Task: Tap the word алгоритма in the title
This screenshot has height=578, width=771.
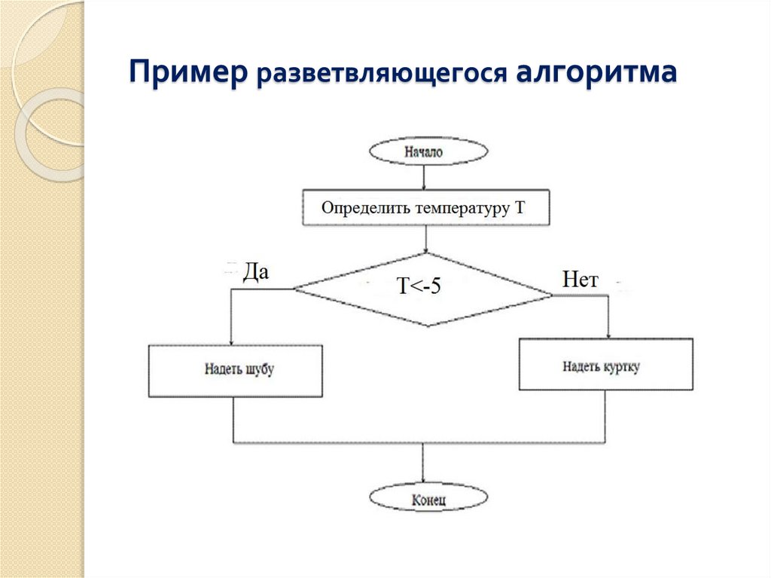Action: click(x=596, y=75)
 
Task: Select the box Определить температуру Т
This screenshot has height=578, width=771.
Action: click(x=426, y=207)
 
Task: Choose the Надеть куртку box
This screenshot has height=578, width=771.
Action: click(x=605, y=365)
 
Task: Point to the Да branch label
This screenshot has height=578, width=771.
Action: click(x=255, y=273)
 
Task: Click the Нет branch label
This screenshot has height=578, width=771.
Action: click(x=580, y=280)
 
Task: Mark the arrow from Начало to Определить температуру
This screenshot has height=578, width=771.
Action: click(x=425, y=178)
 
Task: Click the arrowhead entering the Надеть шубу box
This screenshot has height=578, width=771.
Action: click(x=231, y=340)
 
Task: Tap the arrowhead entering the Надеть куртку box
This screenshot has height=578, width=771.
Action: click(x=608, y=334)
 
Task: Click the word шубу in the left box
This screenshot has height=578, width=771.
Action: click(x=260, y=370)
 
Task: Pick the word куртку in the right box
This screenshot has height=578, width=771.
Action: click(x=622, y=367)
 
